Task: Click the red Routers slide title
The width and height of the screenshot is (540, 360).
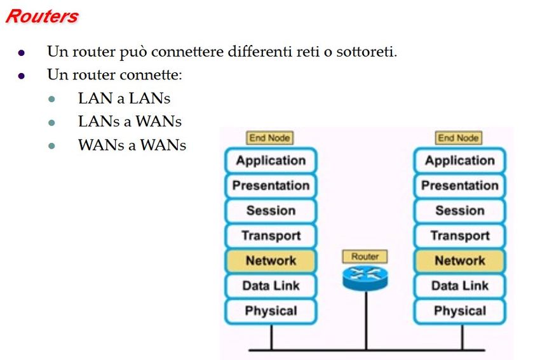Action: (x=41, y=17)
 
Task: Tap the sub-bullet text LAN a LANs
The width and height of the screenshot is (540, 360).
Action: (x=124, y=98)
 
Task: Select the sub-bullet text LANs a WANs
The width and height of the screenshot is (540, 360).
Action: (x=130, y=121)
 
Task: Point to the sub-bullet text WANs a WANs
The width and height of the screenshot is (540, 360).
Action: (x=132, y=145)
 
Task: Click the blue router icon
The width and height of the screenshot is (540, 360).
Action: (x=365, y=276)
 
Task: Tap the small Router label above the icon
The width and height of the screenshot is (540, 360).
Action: (x=365, y=257)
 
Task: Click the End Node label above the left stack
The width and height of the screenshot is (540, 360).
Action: (x=270, y=138)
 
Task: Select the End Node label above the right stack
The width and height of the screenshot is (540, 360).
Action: (x=459, y=138)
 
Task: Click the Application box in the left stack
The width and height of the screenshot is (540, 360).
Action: (x=271, y=161)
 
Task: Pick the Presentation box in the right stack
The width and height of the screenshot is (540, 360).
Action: (x=459, y=185)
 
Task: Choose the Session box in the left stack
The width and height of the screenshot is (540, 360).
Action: (x=271, y=211)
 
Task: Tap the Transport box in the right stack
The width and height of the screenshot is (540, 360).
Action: (x=459, y=236)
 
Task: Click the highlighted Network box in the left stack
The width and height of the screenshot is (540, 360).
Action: (x=271, y=260)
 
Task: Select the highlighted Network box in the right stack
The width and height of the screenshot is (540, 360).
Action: (x=459, y=260)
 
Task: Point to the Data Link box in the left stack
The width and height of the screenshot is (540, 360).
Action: (x=271, y=286)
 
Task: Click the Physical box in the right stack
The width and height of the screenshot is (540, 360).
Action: (x=459, y=310)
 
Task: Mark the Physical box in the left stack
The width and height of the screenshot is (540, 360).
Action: (x=271, y=310)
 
